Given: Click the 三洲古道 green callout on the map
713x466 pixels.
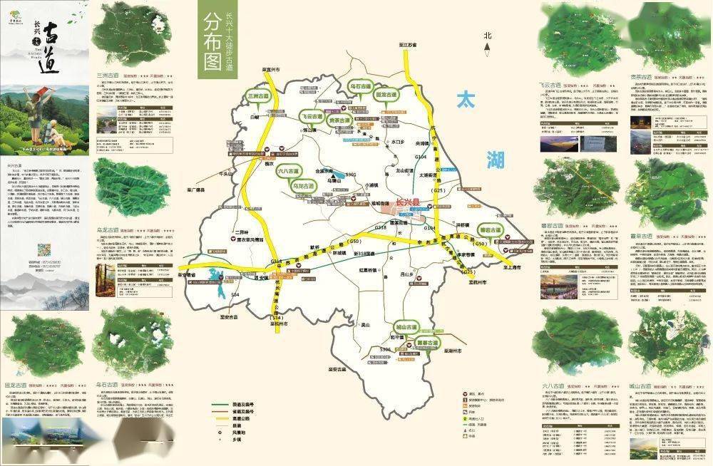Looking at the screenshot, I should point(259,96).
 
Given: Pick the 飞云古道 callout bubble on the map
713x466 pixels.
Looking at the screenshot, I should point(312,116).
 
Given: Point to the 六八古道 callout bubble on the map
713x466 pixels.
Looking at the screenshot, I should point(288,171).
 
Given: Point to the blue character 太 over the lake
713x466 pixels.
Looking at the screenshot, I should point(471,100).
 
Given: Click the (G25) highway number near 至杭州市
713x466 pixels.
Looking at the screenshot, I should point(468,272).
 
